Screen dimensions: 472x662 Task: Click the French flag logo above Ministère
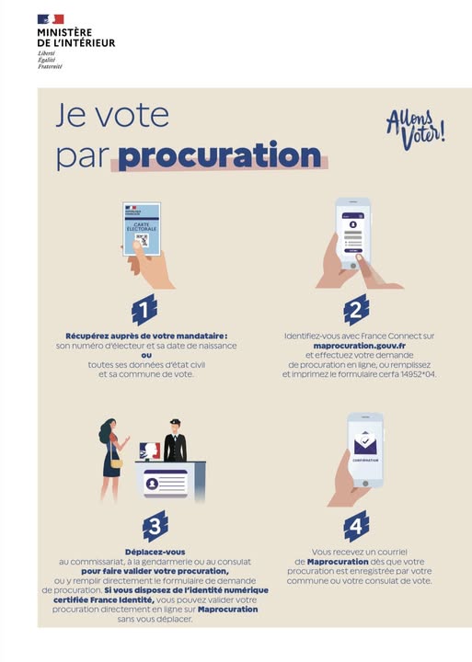[x=51, y=19]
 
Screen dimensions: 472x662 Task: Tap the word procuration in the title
[x=220, y=155]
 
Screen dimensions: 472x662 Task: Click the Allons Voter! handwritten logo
[x=416, y=130]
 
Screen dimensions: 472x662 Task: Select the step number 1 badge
[x=144, y=311]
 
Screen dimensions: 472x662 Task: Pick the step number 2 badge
[x=356, y=311]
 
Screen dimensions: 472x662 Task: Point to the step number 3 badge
[x=155, y=526]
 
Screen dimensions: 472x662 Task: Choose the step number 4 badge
[x=356, y=526]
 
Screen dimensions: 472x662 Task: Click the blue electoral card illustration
[x=142, y=229]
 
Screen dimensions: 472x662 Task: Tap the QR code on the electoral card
[x=142, y=240]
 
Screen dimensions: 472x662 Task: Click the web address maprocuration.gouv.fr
[x=360, y=346]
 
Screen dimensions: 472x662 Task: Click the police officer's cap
[x=175, y=422]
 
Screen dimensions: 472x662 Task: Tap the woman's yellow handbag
[x=116, y=463]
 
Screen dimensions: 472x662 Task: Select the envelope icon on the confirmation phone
[x=365, y=443]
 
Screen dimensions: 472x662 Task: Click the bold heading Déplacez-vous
[x=155, y=552]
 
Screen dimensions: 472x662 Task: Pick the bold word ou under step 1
[x=146, y=355]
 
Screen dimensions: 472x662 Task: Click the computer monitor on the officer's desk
[x=150, y=451]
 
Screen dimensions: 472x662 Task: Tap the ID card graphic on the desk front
[x=166, y=484]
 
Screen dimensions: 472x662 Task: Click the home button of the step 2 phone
[x=353, y=266]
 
